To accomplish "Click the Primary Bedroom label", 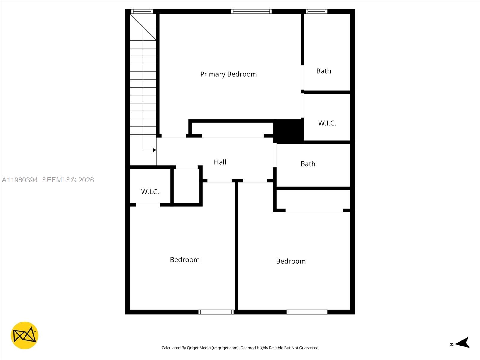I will pos(228,74).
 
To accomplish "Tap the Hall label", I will pos(220,162).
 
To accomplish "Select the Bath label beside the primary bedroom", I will pos(324,71).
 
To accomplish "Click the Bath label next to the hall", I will pos(308,164).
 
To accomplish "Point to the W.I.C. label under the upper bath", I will pos(327,123).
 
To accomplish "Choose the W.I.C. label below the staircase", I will pos(150,192).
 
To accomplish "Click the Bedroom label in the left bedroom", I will pos(185,260).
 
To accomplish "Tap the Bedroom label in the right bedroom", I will pos(291,261).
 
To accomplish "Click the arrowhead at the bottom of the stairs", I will pos(154,150).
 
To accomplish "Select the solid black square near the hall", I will pos(289,131).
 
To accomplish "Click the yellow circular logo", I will pos(25,335).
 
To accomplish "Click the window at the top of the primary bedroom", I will pos(251,12).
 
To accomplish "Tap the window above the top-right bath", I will pos(316,12).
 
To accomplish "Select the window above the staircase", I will pos(142,12).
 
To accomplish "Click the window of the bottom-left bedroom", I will pos(216,312).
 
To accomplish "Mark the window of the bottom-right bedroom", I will pos(307,312).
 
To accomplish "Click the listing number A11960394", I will pos(20,180).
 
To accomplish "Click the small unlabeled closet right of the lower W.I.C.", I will pos(187,186).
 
